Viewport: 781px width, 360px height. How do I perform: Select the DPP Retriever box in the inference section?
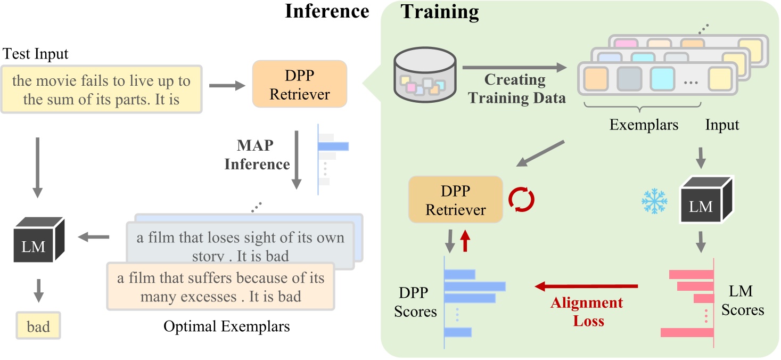click(x=299, y=84)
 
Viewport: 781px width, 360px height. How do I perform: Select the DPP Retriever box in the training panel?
click(x=456, y=199)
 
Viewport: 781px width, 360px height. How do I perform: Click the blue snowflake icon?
click(x=653, y=201)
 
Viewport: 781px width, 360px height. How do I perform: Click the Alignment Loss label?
click(x=587, y=312)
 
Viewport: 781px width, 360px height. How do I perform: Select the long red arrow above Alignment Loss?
click(x=586, y=287)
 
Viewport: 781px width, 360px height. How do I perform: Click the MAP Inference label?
click(x=257, y=154)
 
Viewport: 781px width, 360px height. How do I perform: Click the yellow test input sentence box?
click(x=101, y=89)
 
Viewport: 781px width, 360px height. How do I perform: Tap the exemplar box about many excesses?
click(x=220, y=287)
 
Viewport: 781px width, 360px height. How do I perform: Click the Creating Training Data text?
click(x=515, y=89)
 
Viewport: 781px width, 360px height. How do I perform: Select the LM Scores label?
click(x=743, y=300)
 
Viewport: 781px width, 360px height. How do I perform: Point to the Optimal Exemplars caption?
click(x=227, y=326)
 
